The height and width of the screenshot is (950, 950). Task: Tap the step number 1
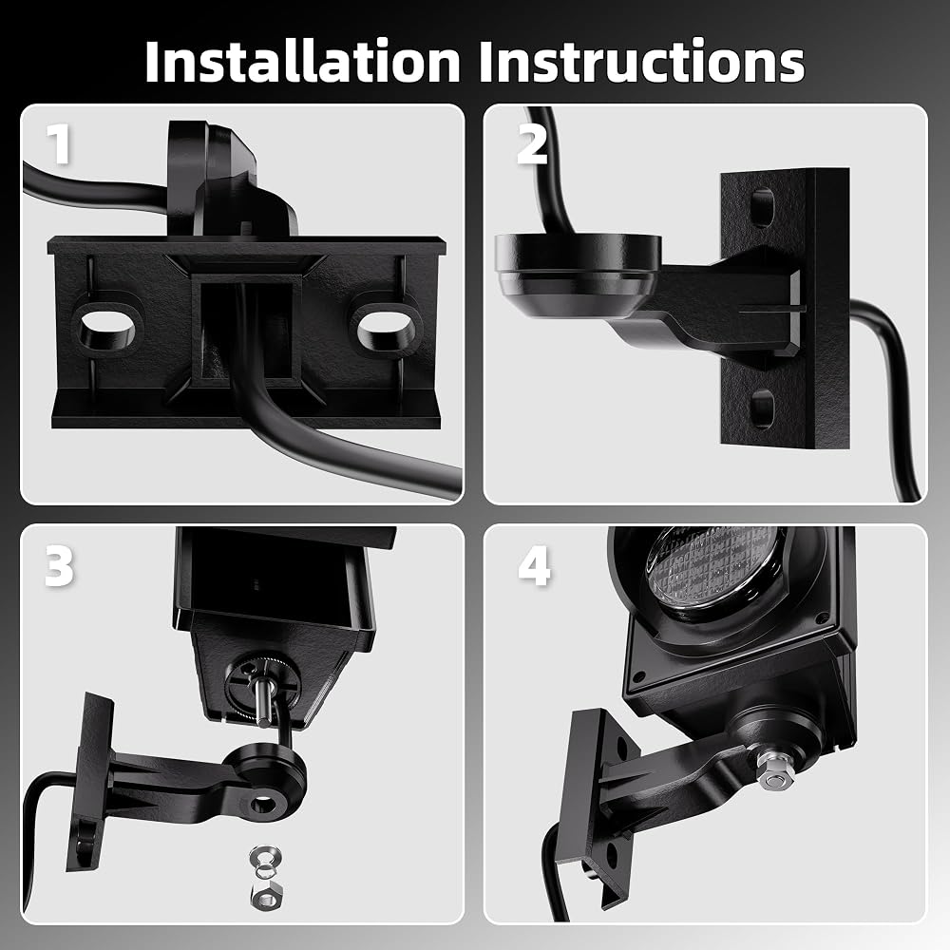[x=59, y=143]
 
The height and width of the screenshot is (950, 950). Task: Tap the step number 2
[x=532, y=143]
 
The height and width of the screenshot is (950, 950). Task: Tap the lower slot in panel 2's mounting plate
[x=762, y=407]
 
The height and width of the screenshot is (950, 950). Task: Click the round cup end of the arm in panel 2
[x=577, y=274]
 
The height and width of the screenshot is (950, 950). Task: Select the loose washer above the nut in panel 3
[x=265, y=858]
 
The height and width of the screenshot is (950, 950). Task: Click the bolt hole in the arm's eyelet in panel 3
[x=264, y=805]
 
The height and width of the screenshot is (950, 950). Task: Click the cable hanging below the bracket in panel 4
[x=555, y=872]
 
